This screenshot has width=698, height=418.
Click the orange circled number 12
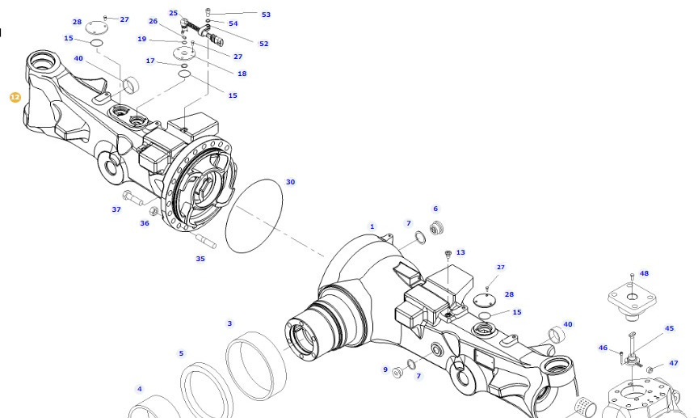point(15,97)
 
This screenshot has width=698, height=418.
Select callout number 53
point(266,15)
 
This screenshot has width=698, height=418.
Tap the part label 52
point(263,44)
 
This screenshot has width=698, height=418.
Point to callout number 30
point(291,182)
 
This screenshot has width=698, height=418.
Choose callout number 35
point(200,259)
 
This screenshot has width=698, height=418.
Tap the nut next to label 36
point(154,211)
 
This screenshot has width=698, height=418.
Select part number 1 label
point(372,226)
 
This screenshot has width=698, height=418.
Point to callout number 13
point(460,252)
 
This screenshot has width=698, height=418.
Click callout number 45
point(669,328)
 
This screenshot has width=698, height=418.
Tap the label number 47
point(673,363)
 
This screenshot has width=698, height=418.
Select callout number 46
point(603,348)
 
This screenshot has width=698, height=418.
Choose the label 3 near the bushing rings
point(229,323)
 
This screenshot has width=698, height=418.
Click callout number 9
point(385,369)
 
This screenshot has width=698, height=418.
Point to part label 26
point(153,21)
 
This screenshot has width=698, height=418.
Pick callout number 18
point(242,74)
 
